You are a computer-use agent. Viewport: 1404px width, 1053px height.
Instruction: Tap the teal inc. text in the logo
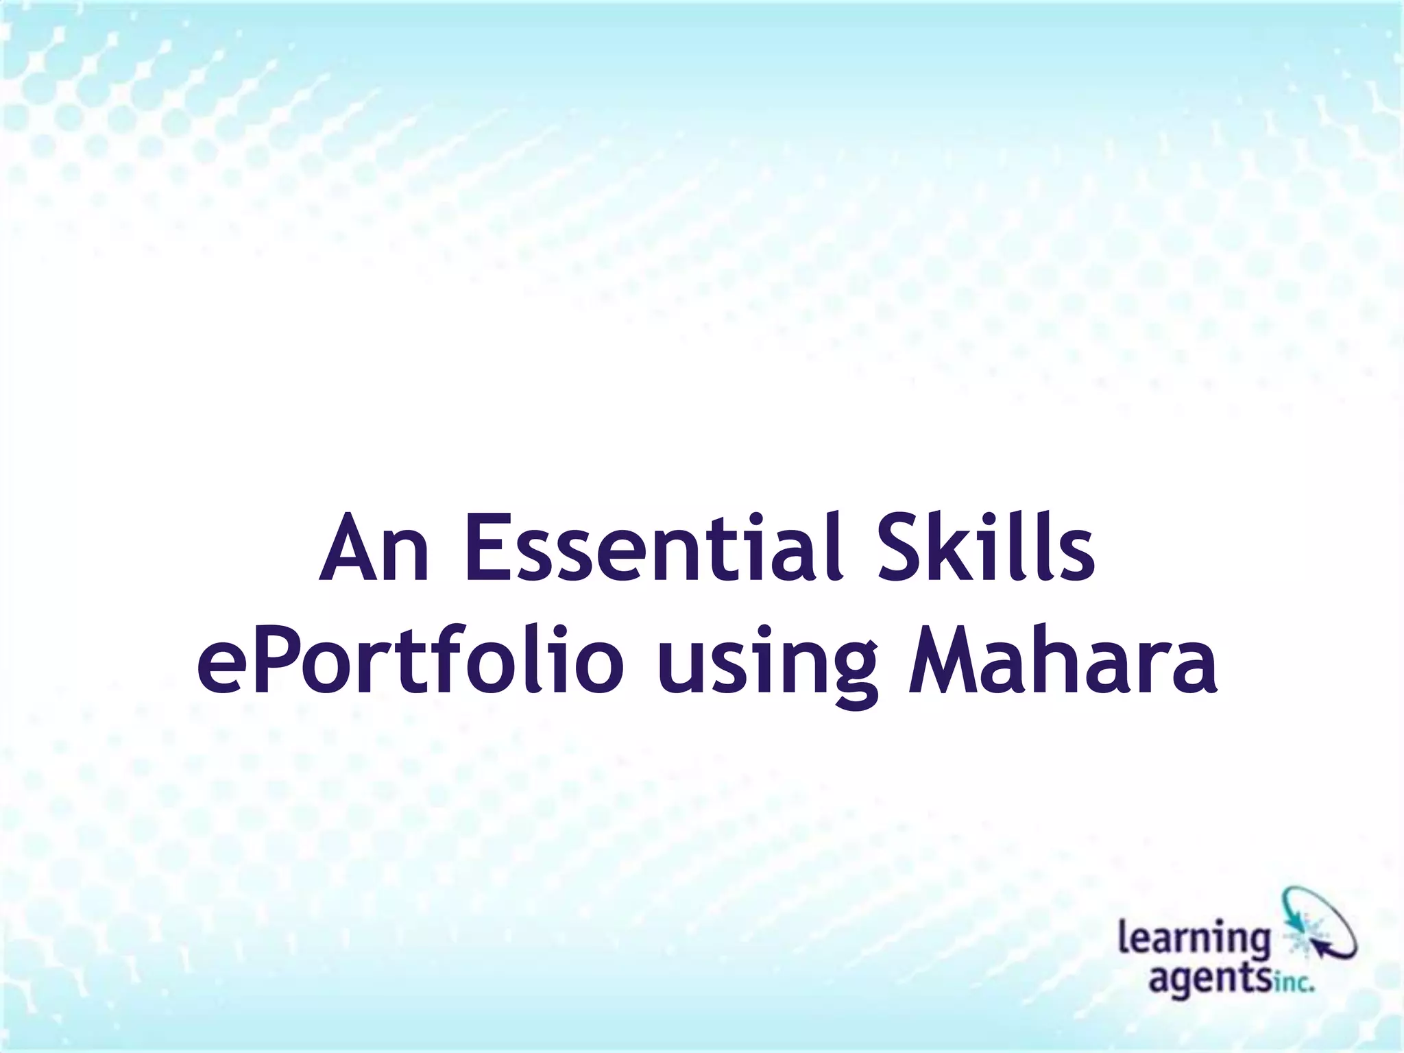pyautogui.click(x=1293, y=986)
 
